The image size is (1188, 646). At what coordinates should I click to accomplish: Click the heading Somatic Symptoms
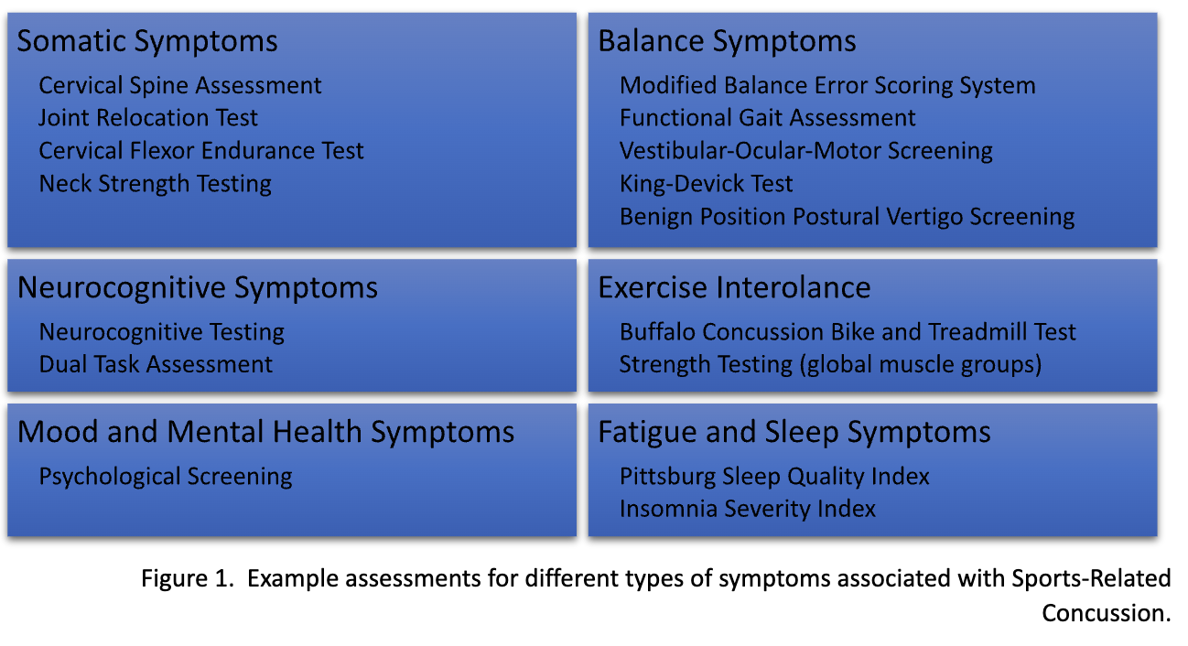pos(147,41)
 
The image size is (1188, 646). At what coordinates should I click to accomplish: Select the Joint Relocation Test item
pos(148,118)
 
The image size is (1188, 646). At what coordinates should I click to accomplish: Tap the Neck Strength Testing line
pos(155,184)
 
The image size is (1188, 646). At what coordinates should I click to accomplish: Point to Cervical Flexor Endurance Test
pos(201,151)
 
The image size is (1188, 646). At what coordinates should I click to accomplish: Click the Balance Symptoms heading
pos(727,41)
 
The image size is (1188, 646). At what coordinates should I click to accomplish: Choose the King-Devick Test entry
pos(706,184)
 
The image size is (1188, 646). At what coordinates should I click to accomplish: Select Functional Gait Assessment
pos(767,118)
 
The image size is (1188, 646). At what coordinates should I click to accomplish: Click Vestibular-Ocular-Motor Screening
pos(805,151)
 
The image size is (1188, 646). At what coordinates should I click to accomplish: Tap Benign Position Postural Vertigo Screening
pos(847,217)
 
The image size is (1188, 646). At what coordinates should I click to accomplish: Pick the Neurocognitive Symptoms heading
pos(198,287)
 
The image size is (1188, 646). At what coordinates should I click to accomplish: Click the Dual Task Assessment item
pos(156,364)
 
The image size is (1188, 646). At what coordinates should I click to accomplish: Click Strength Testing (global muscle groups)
pos(830,364)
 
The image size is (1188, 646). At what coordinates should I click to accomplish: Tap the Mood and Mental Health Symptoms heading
pos(265,432)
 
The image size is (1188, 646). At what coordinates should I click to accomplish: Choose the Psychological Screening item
pos(166,477)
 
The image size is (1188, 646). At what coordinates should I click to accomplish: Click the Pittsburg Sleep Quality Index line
pos(774,477)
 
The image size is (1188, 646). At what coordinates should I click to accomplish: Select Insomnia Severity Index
pos(747,509)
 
